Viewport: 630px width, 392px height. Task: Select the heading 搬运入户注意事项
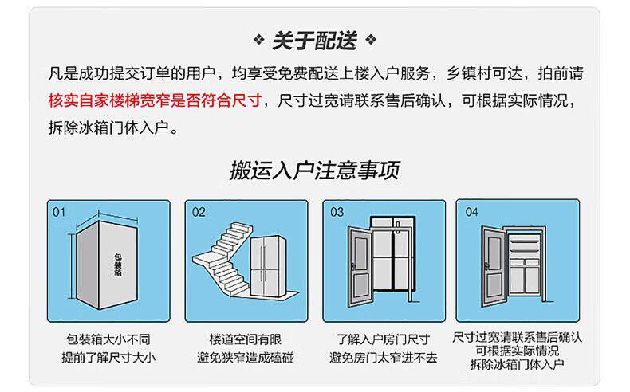[x=314, y=169]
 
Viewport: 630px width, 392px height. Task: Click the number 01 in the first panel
[x=59, y=213]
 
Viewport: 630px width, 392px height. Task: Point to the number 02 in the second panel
[x=199, y=213]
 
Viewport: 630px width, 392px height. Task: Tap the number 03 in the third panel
[x=337, y=213]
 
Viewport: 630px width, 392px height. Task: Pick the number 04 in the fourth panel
[x=471, y=213]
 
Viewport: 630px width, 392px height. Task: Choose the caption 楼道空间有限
[x=246, y=339]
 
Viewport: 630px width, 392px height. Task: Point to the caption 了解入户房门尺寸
[x=384, y=339]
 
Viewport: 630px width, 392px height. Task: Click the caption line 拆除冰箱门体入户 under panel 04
[x=518, y=364]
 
